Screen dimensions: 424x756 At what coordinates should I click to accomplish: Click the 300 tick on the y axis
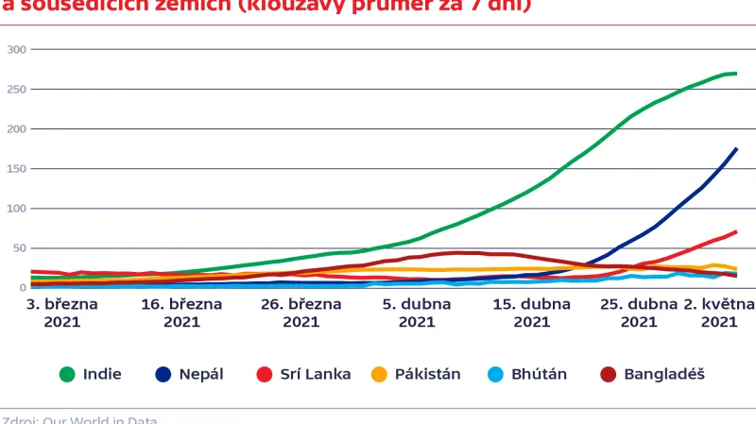[x=15, y=49]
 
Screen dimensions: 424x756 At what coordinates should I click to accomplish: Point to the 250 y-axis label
[x=15, y=89]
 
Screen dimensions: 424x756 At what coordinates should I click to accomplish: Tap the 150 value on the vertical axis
[x=15, y=168]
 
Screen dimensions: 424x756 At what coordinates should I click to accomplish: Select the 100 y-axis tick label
[x=15, y=208]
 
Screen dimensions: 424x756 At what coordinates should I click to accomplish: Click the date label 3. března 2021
[x=56, y=313]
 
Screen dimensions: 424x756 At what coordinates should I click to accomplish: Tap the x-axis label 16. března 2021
[x=181, y=313]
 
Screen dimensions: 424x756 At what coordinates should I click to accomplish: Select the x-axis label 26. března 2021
[x=301, y=313]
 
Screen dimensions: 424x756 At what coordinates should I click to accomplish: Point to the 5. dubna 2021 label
[x=417, y=313]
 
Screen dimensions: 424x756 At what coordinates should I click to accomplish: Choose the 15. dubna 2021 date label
[x=532, y=313]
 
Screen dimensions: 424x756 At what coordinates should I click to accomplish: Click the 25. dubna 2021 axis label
[x=639, y=313]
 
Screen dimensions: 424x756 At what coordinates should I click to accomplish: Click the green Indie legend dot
[x=67, y=374]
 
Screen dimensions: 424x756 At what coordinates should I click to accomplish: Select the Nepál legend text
[x=201, y=374]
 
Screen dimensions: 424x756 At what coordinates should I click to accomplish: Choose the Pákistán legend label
[x=428, y=374]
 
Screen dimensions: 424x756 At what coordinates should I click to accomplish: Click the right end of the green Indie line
[x=736, y=74]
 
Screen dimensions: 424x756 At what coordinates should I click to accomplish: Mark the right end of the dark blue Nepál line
[x=736, y=149]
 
